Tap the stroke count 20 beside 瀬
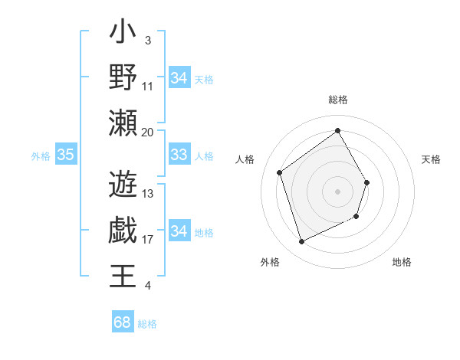tap(148, 132)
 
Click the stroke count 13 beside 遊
tap(148, 194)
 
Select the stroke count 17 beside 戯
tap(148, 240)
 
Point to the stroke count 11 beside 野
tap(148, 86)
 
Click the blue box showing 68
tap(123, 322)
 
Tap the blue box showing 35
tap(66, 155)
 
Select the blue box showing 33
tap(179, 155)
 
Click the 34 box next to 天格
tap(179, 78)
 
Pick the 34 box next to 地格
tap(179, 231)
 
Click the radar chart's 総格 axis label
tap(337, 100)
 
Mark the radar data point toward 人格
tap(279, 173)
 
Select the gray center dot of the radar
tap(337, 191)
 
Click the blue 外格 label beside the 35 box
tap(41, 156)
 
